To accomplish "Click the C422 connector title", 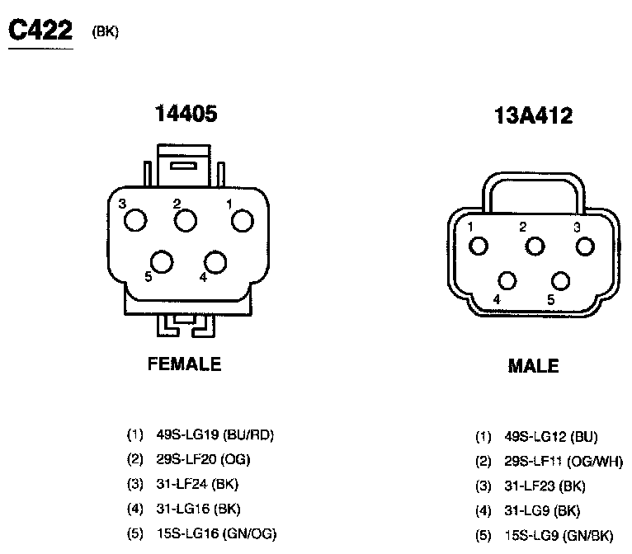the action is point(40,31).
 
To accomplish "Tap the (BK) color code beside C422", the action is point(106,32).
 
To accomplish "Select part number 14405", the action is point(186,113).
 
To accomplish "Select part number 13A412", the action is point(533,115).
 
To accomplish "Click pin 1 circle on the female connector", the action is point(243,221).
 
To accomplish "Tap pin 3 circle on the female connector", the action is point(135,220).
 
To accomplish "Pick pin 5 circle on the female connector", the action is point(162,261).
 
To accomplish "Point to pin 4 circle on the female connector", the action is point(215,262).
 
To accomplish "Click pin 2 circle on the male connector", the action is point(535,246).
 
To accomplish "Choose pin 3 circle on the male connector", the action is point(585,246).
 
